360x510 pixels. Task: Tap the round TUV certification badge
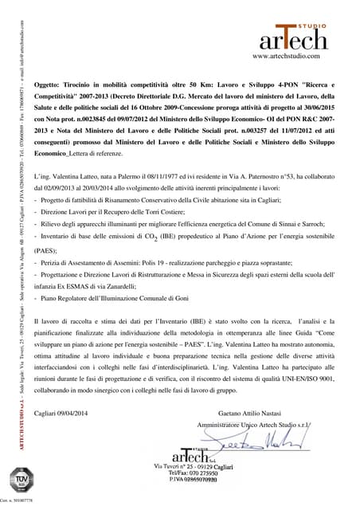[x=22, y=480]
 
